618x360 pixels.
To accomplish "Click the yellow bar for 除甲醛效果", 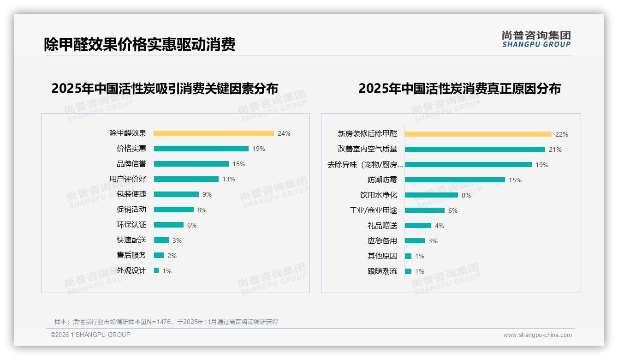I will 214,133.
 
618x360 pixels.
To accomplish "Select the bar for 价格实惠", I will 201,149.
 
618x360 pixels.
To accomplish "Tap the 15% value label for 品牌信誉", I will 239,164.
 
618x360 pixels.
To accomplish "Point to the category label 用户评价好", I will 128,179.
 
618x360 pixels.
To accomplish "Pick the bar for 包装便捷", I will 176,194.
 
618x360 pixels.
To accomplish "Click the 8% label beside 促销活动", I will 202,210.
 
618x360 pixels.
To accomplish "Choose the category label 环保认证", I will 131,225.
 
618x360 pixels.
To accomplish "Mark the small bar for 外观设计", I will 156,270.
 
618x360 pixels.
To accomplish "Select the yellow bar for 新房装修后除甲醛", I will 478,134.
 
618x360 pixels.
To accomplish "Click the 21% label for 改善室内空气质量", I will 555,150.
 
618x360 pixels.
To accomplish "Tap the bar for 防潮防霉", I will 455,180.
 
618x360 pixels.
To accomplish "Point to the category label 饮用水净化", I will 379,195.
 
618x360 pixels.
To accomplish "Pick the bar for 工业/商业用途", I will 425,210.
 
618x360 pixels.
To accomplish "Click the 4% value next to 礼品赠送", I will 440,226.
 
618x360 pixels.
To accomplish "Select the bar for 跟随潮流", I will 408,271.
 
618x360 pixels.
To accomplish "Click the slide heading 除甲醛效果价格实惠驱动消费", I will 140,44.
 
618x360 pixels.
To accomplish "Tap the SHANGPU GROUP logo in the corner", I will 536,39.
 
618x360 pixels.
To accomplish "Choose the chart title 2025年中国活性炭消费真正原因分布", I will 459,89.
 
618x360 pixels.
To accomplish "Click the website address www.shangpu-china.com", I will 537,335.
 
